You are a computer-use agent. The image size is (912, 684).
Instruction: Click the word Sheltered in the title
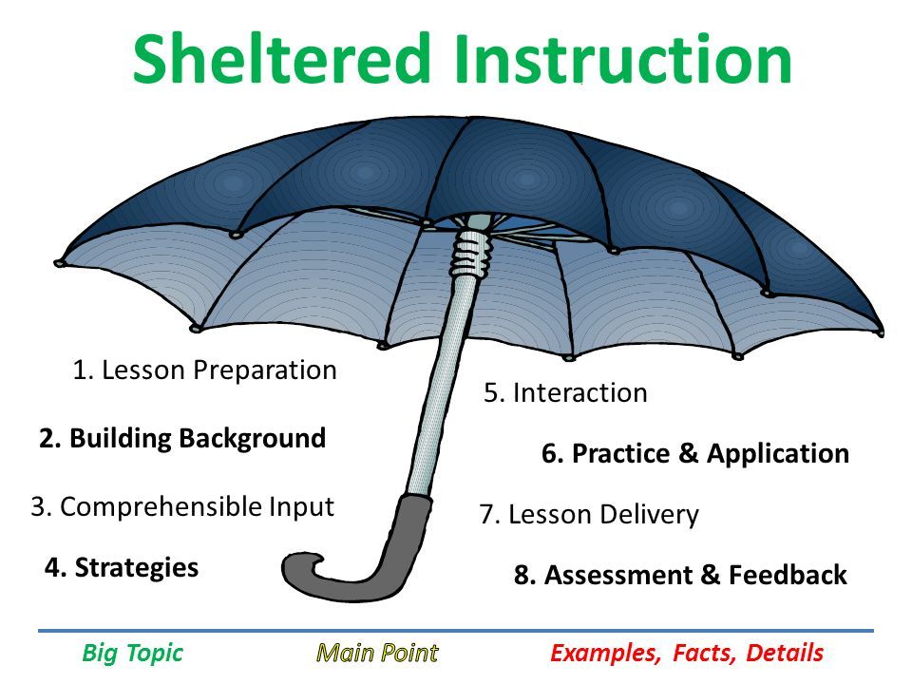point(281,58)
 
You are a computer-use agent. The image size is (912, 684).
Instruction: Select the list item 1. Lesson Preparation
point(205,370)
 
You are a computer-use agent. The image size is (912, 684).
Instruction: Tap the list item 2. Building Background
point(182,439)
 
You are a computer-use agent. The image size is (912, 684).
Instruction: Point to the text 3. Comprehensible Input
point(182,507)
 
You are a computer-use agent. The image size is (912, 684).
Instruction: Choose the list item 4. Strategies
point(122,568)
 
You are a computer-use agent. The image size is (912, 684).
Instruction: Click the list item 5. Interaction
point(565,392)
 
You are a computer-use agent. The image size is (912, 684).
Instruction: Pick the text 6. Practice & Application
point(695,454)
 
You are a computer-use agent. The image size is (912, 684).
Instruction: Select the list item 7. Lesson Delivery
point(589,515)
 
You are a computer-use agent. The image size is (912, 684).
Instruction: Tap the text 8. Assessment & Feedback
point(680,576)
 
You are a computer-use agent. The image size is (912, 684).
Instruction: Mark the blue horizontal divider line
point(456,631)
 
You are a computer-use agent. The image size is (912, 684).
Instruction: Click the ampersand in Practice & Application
point(688,453)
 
